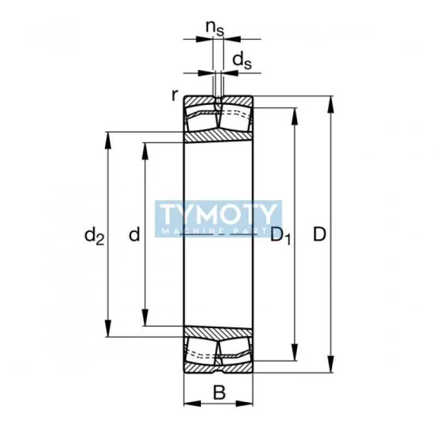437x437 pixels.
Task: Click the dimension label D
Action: coord(320,234)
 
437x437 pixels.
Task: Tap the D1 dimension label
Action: coord(281,236)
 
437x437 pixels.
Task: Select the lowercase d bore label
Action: coord(134,234)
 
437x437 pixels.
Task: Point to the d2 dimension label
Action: coord(95,236)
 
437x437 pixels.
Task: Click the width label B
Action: coord(219,393)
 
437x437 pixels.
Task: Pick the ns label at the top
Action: coord(215,28)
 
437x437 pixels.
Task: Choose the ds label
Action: coord(242,61)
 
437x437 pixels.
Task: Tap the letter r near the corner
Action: coord(174,95)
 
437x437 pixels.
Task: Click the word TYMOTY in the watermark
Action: coord(218,214)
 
